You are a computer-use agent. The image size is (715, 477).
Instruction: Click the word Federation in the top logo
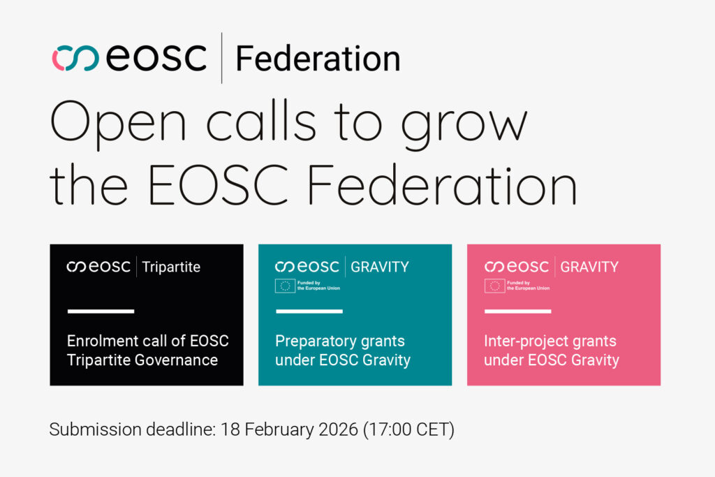(x=318, y=59)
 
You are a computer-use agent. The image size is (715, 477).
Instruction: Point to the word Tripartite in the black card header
(x=171, y=267)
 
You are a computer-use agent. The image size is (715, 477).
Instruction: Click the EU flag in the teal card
(x=285, y=285)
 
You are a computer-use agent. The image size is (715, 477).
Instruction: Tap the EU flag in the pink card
(x=494, y=285)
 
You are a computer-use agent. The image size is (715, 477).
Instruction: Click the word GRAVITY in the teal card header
(x=380, y=267)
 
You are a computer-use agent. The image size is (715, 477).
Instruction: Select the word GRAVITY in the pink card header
(x=589, y=267)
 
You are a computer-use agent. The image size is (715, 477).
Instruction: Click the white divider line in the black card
(x=100, y=311)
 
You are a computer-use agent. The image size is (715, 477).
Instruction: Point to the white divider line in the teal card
(x=309, y=311)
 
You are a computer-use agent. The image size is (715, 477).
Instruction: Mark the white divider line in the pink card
(x=517, y=311)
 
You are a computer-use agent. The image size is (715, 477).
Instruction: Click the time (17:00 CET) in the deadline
(x=408, y=430)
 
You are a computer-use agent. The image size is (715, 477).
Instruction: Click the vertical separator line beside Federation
(x=221, y=58)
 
